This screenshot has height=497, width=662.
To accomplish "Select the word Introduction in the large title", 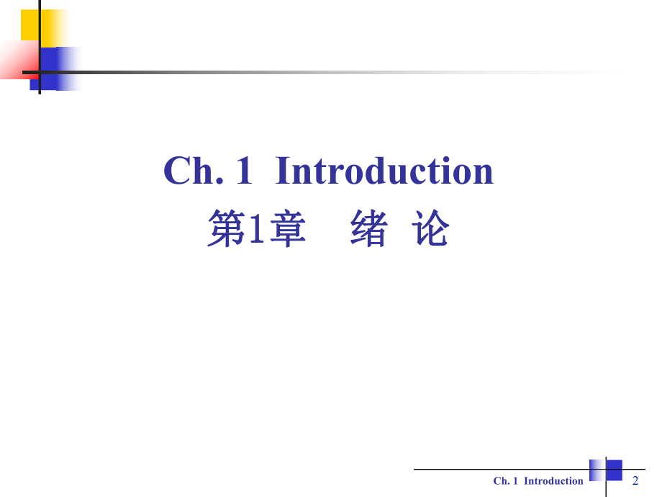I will coord(384,171).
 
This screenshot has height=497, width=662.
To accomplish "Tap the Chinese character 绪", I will coord(369,230).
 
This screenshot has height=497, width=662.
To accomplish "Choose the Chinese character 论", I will coord(431,230).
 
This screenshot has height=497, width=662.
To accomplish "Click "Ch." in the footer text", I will coord(501,481).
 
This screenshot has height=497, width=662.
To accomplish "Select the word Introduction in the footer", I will coord(553,481).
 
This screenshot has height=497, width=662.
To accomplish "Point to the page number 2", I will coord(635,480).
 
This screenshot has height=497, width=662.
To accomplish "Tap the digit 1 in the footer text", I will coord(515,481).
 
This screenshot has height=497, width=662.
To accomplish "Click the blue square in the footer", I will coord(614,470).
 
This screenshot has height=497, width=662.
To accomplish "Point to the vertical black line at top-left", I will coord(40,43).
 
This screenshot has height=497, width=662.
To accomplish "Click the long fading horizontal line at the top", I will coord(288,72).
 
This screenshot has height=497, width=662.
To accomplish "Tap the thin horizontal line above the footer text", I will coord(504,470).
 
